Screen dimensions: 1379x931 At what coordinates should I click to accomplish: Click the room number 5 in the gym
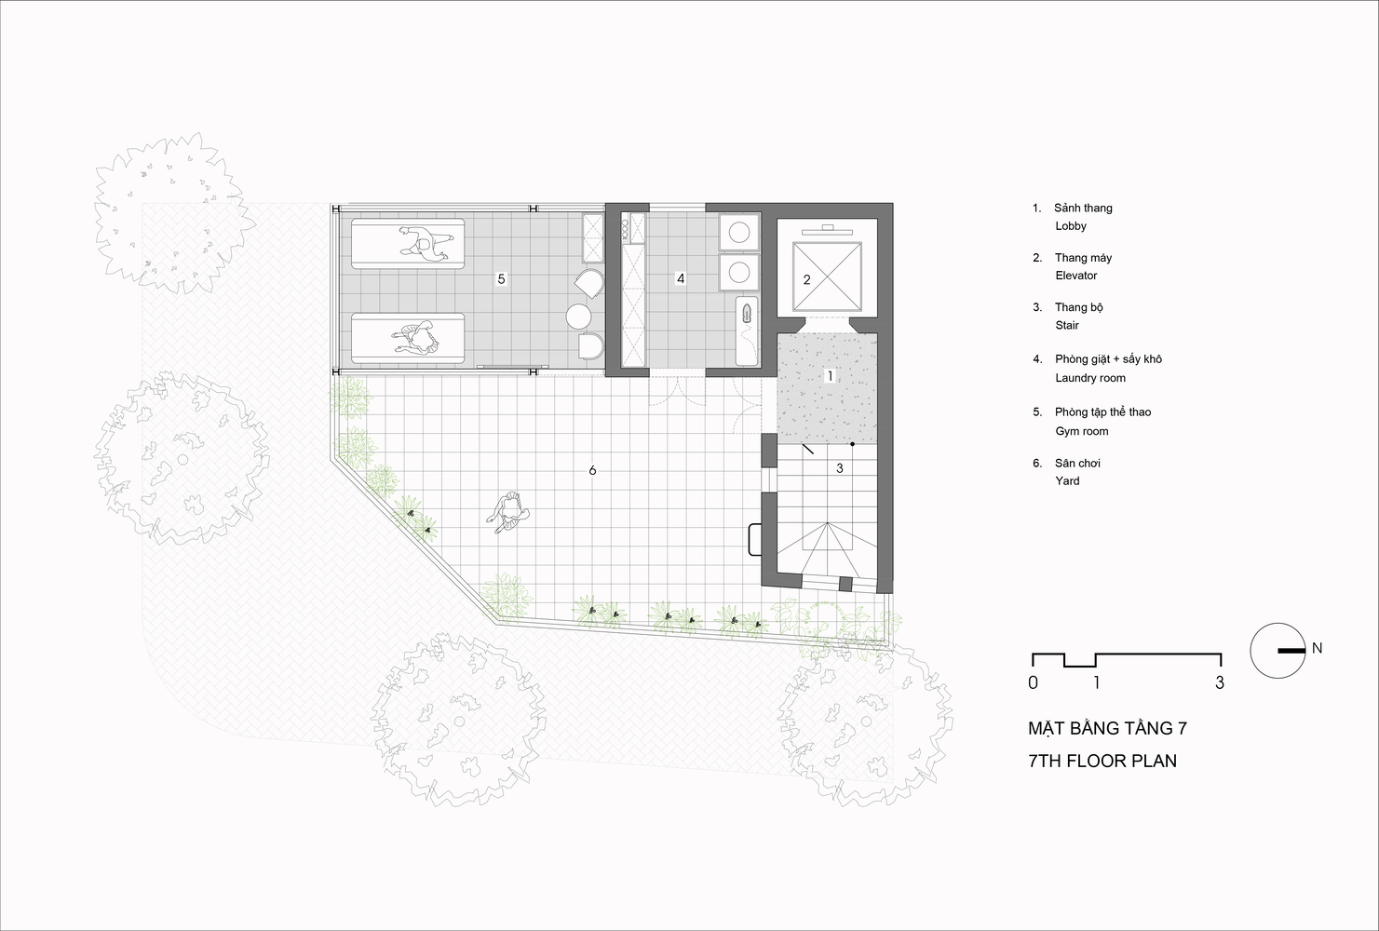click(501, 279)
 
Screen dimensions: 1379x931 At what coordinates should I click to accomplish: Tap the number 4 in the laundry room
click(681, 279)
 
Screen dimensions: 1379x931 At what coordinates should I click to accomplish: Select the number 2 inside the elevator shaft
click(806, 280)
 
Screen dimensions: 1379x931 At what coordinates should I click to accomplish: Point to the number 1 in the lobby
click(830, 375)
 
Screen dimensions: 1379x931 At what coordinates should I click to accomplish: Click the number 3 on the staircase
click(840, 468)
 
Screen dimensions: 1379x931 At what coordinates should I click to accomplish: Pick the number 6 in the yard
click(592, 470)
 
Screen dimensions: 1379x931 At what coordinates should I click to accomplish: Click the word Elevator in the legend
click(1076, 276)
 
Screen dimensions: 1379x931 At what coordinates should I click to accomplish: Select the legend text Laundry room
click(1090, 378)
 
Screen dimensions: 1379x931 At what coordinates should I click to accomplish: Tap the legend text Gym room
click(1082, 431)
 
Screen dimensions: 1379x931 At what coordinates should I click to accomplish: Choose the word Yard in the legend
click(1067, 481)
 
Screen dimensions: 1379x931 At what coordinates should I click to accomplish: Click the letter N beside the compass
click(1317, 648)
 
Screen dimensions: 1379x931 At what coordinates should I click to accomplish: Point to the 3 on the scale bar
click(1220, 682)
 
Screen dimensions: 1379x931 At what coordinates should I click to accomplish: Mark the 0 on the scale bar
click(1033, 682)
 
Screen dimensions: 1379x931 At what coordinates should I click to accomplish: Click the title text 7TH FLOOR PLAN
click(1102, 761)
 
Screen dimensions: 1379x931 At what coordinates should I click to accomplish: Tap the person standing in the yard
click(509, 512)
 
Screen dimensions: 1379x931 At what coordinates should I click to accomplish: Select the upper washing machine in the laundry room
click(739, 233)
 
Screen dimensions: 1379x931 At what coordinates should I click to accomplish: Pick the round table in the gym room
click(578, 317)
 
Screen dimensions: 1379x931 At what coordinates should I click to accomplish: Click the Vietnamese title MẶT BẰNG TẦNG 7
click(1107, 728)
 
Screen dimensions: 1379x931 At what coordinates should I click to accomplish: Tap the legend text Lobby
click(1071, 226)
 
